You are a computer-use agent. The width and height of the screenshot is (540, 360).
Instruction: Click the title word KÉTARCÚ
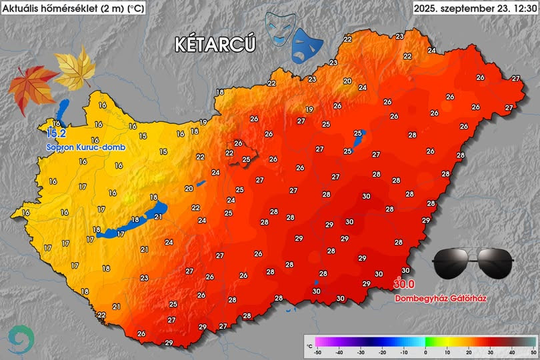coord(215,44)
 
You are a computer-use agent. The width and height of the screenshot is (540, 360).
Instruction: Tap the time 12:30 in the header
coord(523,9)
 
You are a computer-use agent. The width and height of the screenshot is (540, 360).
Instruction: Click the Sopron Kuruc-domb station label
coord(85,147)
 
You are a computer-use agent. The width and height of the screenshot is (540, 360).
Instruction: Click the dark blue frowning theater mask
coord(307,46)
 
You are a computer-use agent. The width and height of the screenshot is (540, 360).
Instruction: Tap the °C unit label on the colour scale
coord(309,347)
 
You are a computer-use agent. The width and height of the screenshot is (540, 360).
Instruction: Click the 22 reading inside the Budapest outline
coord(230,153)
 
